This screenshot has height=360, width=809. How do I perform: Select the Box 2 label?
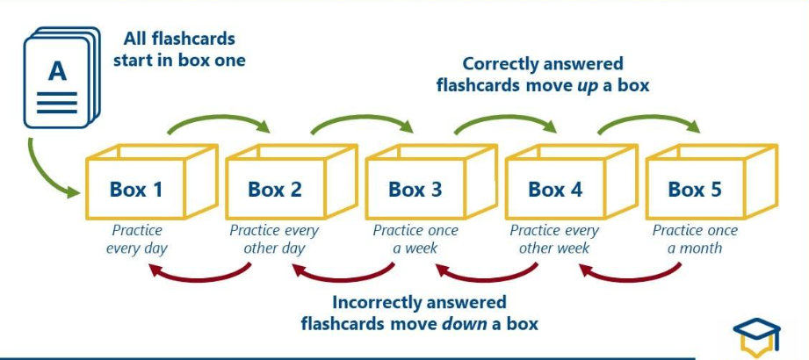(x=275, y=189)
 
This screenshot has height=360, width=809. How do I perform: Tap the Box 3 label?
(x=415, y=189)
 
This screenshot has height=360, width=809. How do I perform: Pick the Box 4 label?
(x=555, y=189)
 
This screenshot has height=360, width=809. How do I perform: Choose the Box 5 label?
(x=695, y=189)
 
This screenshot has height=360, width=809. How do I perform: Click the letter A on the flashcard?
(x=57, y=71)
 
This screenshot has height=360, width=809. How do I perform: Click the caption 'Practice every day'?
(x=136, y=239)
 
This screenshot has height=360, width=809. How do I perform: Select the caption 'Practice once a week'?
(x=415, y=239)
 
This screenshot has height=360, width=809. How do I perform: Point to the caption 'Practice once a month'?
(x=695, y=239)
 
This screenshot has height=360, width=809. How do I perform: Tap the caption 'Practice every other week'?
(x=555, y=239)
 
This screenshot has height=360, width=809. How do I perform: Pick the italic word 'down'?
(x=461, y=323)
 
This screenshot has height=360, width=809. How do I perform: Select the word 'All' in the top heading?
(x=139, y=40)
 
